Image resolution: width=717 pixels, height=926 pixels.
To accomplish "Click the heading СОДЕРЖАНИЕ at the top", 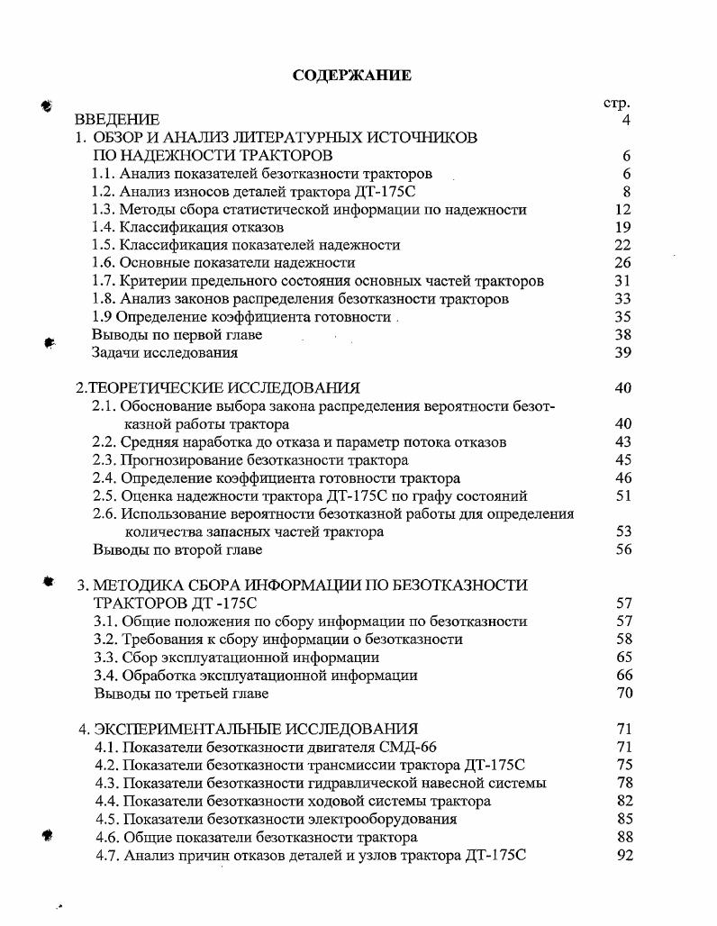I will click(352, 76).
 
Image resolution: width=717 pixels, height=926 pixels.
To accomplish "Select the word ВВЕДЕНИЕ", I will click(117, 120).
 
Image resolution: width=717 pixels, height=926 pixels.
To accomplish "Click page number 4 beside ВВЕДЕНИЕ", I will click(625, 120).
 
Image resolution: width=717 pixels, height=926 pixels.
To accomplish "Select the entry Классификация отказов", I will click(202, 227).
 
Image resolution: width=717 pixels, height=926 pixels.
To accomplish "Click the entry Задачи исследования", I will click(165, 352).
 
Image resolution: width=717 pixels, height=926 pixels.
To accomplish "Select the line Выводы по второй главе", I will click(178, 549).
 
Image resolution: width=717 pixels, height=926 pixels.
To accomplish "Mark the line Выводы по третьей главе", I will click(182, 694).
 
